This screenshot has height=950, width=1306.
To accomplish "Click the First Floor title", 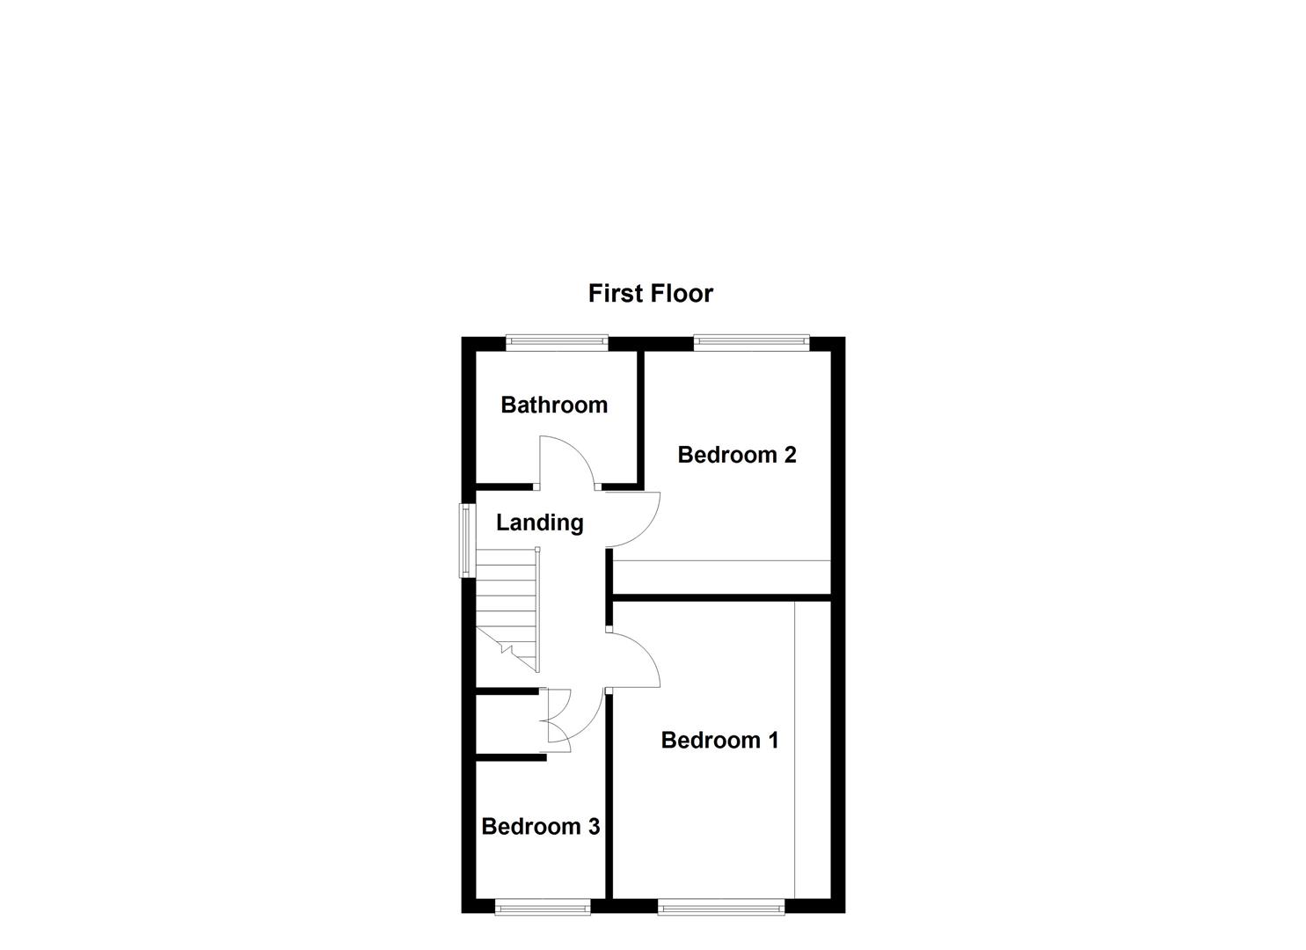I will click(x=650, y=293).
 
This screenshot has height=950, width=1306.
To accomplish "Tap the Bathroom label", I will click(x=554, y=405).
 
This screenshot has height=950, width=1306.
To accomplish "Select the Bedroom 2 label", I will click(x=737, y=455).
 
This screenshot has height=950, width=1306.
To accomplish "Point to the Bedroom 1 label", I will click(x=719, y=740).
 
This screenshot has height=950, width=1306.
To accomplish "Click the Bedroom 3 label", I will click(x=540, y=827).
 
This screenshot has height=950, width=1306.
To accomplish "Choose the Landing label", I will click(x=539, y=522).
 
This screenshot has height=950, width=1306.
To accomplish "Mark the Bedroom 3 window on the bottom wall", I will click(x=542, y=907).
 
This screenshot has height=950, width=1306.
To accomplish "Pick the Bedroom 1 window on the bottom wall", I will click(x=720, y=907).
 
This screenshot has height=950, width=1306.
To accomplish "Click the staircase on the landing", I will click(x=507, y=607).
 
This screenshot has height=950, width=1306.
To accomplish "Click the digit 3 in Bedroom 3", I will click(x=594, y=827).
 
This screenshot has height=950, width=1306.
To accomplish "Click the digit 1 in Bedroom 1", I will click(x=773, y=740).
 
